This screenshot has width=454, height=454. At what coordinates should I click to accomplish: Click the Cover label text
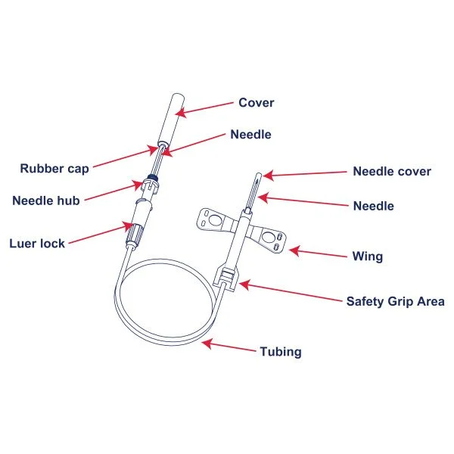pos(257,103)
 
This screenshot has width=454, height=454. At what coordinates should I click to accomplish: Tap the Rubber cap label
pos(54,168)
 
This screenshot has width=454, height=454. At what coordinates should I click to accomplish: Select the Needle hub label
pos(46,201)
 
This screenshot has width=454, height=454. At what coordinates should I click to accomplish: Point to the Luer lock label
pos(37,243)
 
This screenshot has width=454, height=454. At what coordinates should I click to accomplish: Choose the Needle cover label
pos(392,171)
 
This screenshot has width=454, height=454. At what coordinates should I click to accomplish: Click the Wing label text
pos(368,256)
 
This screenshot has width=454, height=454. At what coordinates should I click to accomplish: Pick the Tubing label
pos(281,351)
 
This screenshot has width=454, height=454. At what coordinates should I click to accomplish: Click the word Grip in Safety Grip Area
pos(401,300)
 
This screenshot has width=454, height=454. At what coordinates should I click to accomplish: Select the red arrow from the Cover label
pos(204,107)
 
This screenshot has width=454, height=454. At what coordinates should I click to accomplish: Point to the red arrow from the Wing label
pos(317,250)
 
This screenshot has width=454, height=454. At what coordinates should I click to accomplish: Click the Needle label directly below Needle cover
pos(374,206)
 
